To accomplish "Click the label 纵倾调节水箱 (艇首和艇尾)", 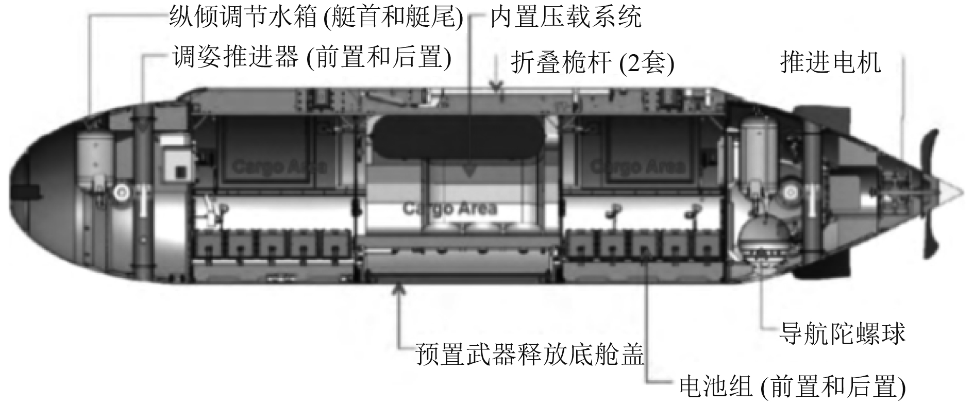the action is (x=316, y=19).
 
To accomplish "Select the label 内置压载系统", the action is (x=565, y=19).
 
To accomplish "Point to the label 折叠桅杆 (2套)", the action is (x=593, y=63).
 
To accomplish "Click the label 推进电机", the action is (x=830, y=62).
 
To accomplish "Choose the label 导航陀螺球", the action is (x=842, y=333).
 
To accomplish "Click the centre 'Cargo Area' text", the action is (x=449, y=208).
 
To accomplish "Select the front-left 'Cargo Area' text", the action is (x=279, y=166).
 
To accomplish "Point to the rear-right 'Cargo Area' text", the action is (x=637, y=166).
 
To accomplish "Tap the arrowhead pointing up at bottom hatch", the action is (x=399, y=288).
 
